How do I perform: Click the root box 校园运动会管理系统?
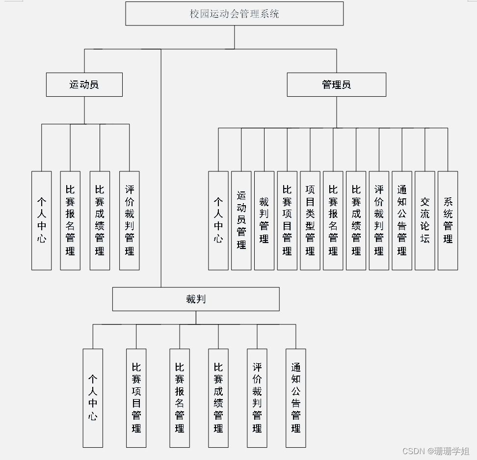tap(234, 14)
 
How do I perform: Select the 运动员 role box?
tap(84, 84)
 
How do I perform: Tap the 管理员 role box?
tap(336, 84)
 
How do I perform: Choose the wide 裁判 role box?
tap(196, 299)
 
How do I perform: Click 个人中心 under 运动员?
tap(42, 220)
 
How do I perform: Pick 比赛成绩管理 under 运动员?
tap(100, 220)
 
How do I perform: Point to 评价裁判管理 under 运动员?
tap(129, 220)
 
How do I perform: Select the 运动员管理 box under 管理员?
tap(241, 220)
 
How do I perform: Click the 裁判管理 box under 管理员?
tap(264, 220)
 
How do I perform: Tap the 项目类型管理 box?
tap(310, 220)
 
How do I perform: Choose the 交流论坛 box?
tap(425, 220)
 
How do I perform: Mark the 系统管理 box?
tap(448, 220)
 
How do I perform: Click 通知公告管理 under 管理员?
tap(402, 220)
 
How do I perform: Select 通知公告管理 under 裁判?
tap(296, 398)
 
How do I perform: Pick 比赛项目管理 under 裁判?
tap(136, 398)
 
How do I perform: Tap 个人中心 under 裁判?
tap(93, 398)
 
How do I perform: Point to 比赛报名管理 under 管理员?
tap(333, 220)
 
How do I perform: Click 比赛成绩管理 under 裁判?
tap(218, 398)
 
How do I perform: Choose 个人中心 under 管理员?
tap(218, 220)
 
